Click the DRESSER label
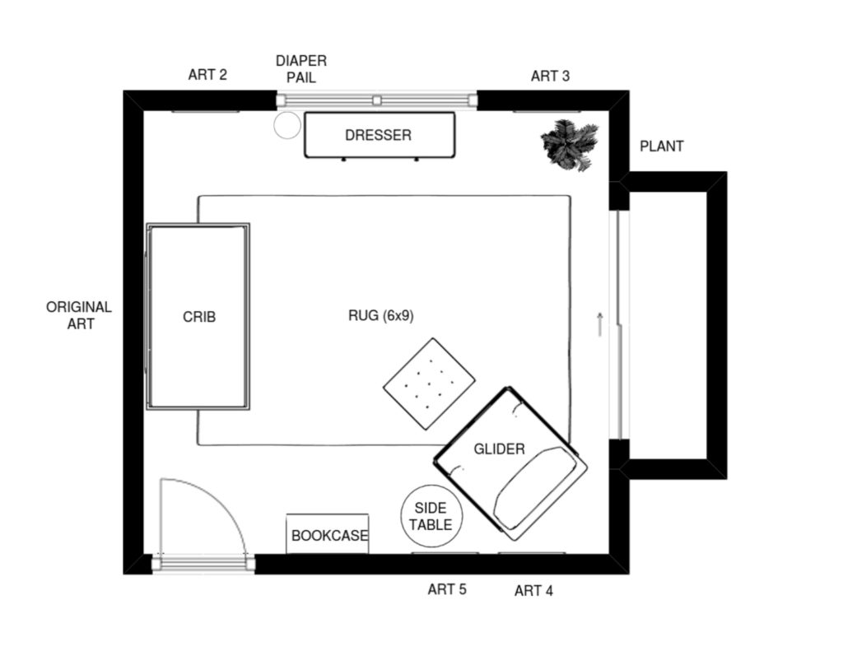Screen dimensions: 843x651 pyautogui.click(x=378, y=135)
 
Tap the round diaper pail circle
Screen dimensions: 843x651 pyautogui.click(x=287, y=125)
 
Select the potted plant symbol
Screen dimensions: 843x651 pyautogui.click(x=570, y=145)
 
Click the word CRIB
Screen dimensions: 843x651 pyautogui.click(x=199, y=317)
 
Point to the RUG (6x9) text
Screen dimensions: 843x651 pyautogui.click(x=381, y=315)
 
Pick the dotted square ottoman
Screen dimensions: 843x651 pyautogui.click(x=429, y=384)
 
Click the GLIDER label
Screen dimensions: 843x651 pyautogui.click(x=499, y=449)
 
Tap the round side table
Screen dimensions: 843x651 pyautogui.click(x=431, y=516)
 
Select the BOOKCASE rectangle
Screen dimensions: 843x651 pyautogui.click(x=328, y=534)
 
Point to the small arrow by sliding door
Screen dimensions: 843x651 pyautogui.click(x=600, y=324)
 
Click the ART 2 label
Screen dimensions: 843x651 pyautogui.click(x=207, y=75)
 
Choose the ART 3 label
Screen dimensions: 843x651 pyautogui.click(x=550, y=77)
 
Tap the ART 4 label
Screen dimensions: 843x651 pyautogui.click(x=533, y=591)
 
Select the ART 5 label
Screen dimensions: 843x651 pyautogui.click(x=447, y=589)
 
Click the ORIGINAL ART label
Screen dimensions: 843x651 pyautogui.click(x=79, y=315)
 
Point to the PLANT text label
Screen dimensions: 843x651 pyautogui.click(x=661, y=146)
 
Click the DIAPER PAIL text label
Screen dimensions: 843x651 pyautogui.click(x=301, y=69)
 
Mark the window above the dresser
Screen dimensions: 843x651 pyautogui.click(x=376, y=100)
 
